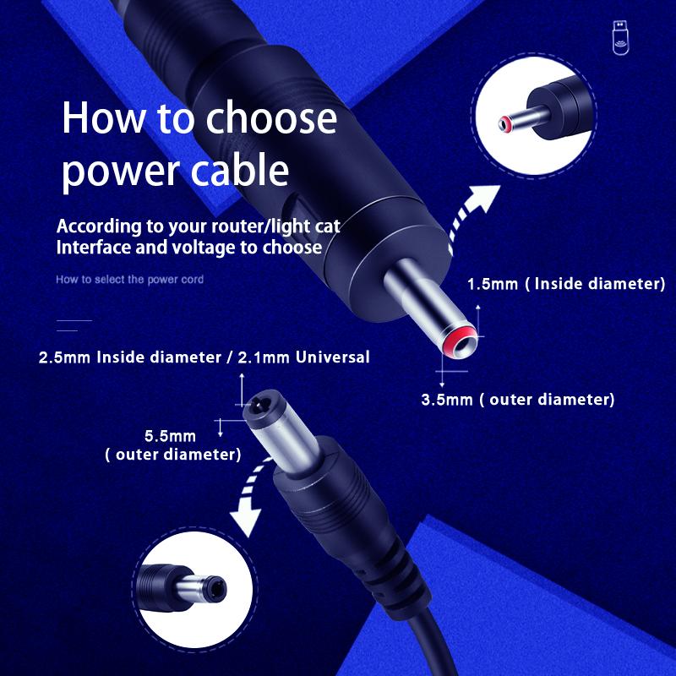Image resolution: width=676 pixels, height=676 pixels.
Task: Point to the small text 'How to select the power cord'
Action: pyautogui.click(x=129, y=279)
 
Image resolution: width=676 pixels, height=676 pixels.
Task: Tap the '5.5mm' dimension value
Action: pyautogui.click(x=170, y=436)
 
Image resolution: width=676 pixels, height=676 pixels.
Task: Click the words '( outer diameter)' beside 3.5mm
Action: pyautogui.click(x=547, y=400)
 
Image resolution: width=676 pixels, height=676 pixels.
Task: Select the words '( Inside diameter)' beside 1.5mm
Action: pyautogui.click(x=595, y=284)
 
